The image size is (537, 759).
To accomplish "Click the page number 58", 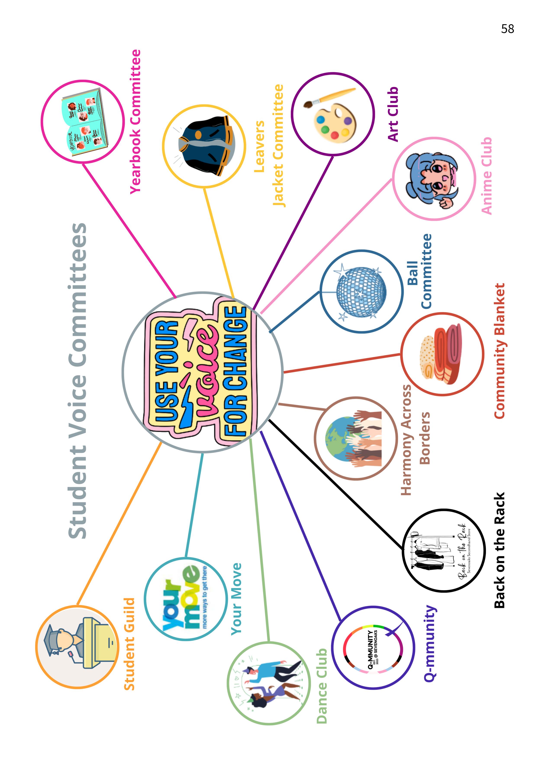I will (507, 29).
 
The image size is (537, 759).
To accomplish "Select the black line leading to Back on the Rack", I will (334, 483).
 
